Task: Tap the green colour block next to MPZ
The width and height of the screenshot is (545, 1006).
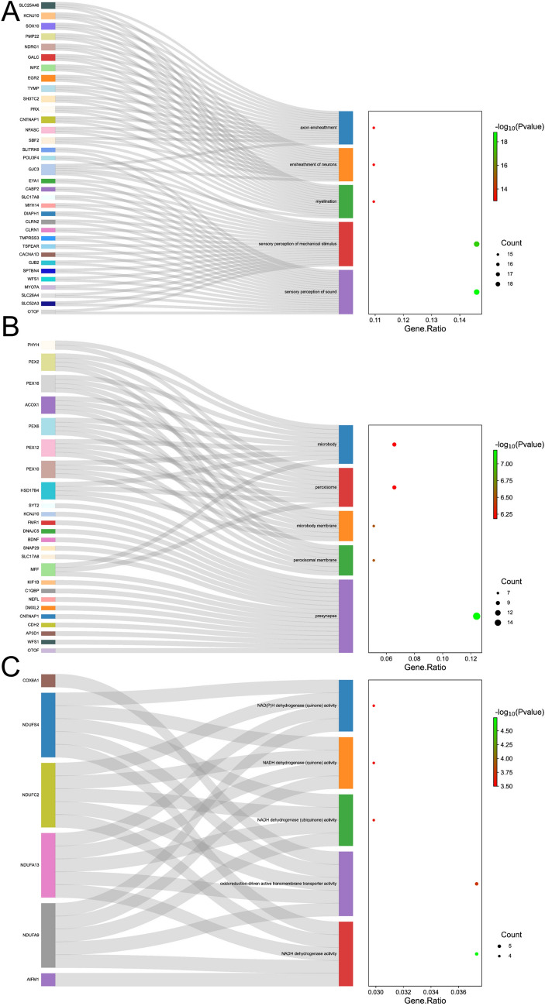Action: click(48, 68)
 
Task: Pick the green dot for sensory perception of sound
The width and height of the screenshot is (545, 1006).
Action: click(476, 292)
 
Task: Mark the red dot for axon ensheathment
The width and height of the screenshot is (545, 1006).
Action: click(374, 128)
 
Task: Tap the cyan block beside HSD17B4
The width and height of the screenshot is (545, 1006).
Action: click(48, 490)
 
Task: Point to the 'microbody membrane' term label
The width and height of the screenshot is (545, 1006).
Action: click(318, 526)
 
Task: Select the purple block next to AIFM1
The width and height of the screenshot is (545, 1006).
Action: click(48, 980)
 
